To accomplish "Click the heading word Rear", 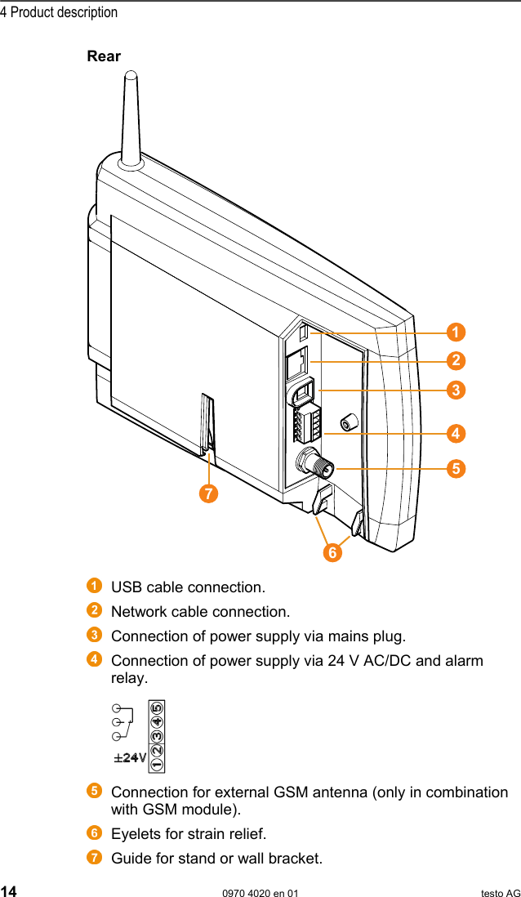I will coord(104,56).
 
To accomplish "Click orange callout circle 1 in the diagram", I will coord(456,332).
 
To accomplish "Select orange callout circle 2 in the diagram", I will coord(456,360).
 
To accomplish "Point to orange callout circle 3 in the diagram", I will coord(456,390).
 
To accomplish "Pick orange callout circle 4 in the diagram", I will coord(456,431).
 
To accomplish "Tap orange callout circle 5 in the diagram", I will coord(456,468).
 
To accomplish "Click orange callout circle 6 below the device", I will coord(332,553).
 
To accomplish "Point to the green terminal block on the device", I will coord(305,426).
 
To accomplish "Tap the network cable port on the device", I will coord(297,362).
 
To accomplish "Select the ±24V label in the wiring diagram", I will coord(130,757).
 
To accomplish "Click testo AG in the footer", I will coord(500,893).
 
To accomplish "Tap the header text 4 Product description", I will coord(59,12).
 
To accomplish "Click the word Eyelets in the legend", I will coord(132,834).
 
